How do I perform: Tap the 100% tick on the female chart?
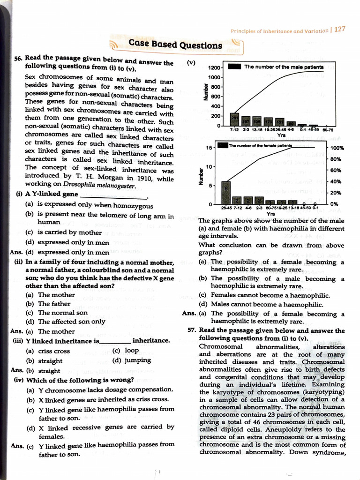coord(337,148)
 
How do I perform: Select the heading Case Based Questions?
coord(175,45)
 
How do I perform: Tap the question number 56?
coord(18,58)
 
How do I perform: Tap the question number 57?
coord(192,330)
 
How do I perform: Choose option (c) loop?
coord(125,350)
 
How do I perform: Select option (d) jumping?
coord(131,360)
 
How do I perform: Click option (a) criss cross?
coord(48,351)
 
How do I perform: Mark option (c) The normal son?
coord(57,313)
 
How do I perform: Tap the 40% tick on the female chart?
coord(335,182)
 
